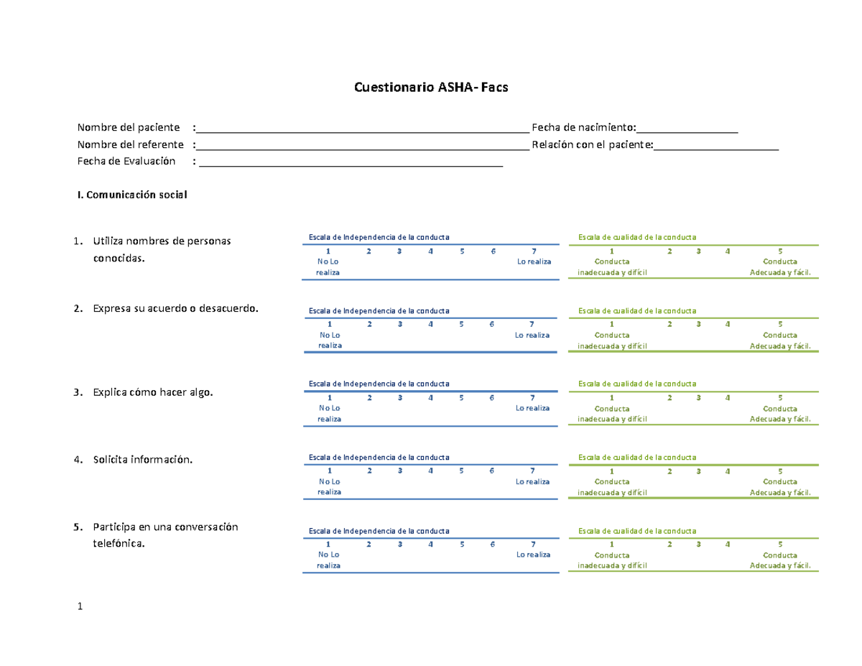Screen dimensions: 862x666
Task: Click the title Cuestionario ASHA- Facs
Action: click(431, 87)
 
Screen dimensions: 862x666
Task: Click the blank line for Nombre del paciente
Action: click(363, 132)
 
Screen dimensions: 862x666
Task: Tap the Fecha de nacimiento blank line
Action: click(687, 132)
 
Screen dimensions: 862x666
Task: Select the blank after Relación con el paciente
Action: click(716, 149)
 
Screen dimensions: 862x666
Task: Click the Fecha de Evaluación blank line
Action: click(351, 166)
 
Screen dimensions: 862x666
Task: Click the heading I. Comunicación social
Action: click(132, 195)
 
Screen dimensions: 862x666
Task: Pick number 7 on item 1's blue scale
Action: click(534, 251)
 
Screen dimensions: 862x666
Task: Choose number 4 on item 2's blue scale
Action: click(430, 324)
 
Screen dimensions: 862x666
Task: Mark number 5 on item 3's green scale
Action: click(780, 397)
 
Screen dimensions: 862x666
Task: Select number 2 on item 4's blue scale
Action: click(369, 471)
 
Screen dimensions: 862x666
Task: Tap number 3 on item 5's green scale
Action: click(698, 545)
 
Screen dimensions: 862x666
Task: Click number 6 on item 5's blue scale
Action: click(492, 545)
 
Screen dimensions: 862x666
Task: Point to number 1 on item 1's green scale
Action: click(612, 251)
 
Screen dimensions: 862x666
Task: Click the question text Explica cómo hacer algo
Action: click(153, 392)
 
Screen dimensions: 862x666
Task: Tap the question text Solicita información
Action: click(143, 459)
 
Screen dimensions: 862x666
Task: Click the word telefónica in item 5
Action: click(119, 543)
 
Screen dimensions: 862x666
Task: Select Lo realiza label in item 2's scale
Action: click(532, 336)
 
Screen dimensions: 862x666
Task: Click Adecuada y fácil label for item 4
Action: click(780, 493)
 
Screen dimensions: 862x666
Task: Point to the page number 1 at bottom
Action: click(80, 606)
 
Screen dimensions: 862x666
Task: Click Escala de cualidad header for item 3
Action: click(637, 384)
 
